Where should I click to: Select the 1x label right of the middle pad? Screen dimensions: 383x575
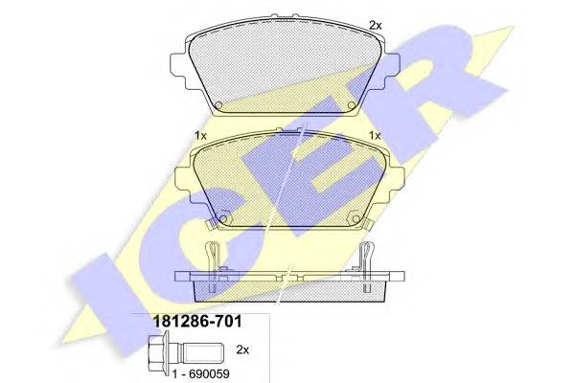pos(375,135)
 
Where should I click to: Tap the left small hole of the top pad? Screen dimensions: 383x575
pos(218,105)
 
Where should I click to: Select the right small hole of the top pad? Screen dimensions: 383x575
pos(352,105)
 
